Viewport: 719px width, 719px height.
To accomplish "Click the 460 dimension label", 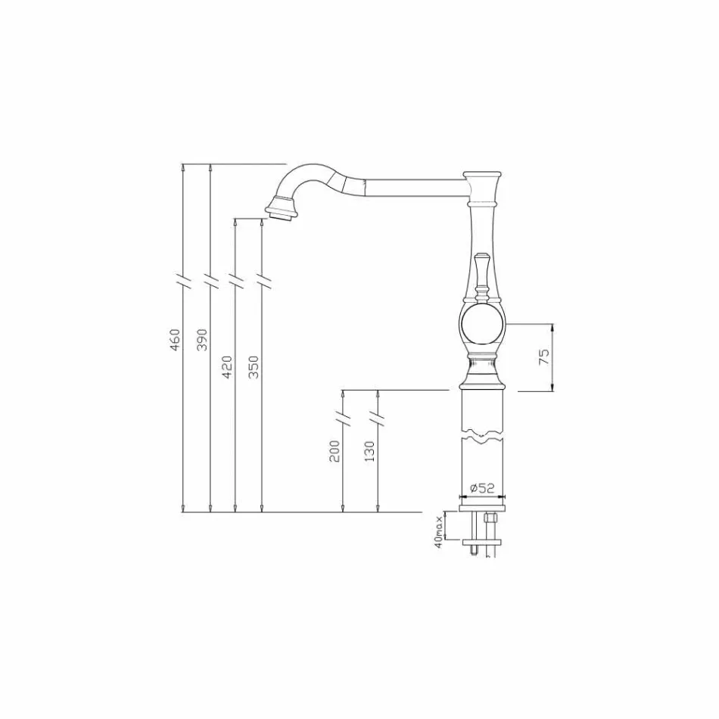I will pos(175,341).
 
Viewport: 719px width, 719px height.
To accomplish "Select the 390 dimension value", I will pos(201,341).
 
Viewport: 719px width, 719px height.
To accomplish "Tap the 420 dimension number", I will pos(227,367).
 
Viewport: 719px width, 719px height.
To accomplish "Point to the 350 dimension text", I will pos(254,367).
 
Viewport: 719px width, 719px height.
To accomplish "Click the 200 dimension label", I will pos(335,451).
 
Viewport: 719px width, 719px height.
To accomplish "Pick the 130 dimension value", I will pos(369,451).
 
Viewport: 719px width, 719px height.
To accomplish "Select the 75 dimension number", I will pos(543,357).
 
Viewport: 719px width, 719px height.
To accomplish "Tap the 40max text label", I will pos(438,531).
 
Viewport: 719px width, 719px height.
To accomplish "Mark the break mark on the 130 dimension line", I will pos(378,418).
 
